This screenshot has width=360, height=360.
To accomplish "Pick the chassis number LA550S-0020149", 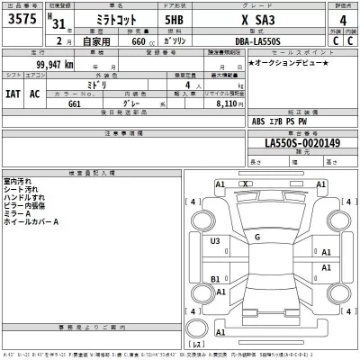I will pyautogui.click(x=301, y=142).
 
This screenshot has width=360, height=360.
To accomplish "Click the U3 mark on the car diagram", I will pyautogui.click(x=216, y=241).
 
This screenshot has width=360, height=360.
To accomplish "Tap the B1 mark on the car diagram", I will pyautogui.click(x=216, y=280).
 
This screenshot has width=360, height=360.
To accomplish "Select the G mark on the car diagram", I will pyautogui.click(x=257, y=237).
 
